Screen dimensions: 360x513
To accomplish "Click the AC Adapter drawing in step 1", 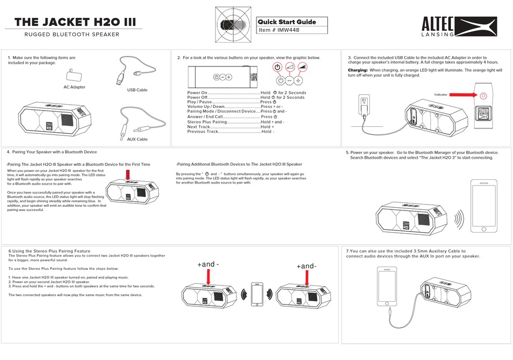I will pyautogui.click(x=73, y=74).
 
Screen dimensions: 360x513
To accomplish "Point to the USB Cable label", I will pyautogui.click(x=137, y=90).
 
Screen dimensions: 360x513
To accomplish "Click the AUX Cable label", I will pyautogui.click(x=137, y=139).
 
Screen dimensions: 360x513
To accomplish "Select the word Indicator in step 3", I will pyautogui.click(x=441, y=94).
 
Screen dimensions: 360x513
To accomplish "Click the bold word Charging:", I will pyautogui.click(x=357, y=70).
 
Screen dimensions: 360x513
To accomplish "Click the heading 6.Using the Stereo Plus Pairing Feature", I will pyautogui.click(x=49, y=251).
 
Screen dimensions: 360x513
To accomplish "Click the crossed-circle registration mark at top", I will pyautogui.click(x=233, y=25).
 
